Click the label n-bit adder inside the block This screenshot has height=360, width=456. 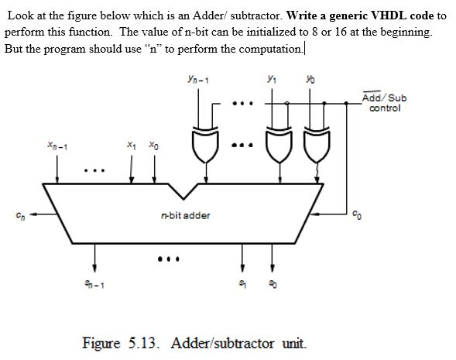click(185, 215)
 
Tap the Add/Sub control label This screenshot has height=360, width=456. click(385, 103)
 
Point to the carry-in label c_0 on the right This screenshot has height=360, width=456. click(355, 216)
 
